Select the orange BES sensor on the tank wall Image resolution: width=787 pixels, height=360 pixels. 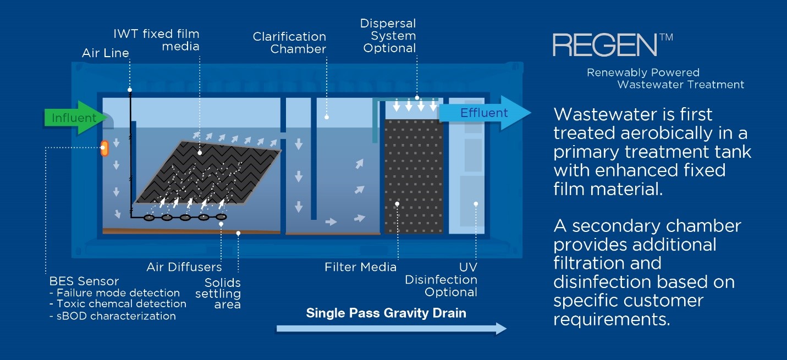(104, 147)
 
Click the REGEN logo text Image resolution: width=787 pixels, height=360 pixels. (604, 45)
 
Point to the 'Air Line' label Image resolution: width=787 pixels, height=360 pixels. (106, 53)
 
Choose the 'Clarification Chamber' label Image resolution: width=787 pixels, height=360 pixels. (289, 42)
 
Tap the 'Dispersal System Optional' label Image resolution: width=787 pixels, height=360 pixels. (388, 36)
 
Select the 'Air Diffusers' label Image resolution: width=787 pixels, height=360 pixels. (184, 268)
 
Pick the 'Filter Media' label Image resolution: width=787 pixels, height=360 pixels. (360, 268)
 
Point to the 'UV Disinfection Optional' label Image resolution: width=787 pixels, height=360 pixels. (441, 279)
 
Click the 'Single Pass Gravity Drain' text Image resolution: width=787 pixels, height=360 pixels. (386, 313)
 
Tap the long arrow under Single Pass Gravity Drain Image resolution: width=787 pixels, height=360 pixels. (390, 329)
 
